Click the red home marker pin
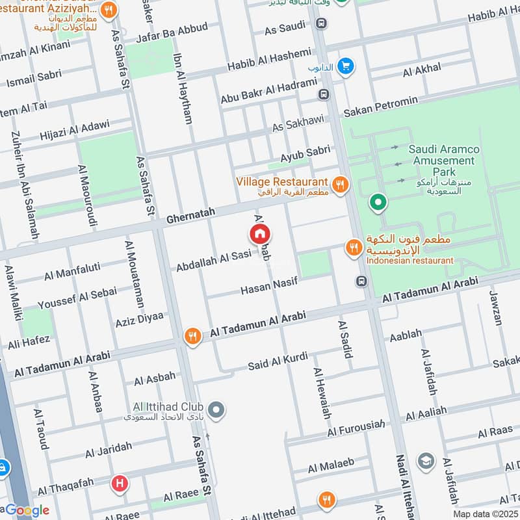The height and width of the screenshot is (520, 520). coord(259,234)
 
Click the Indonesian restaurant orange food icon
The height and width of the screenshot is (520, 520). coord(353,248)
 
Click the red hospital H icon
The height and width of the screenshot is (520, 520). coord(119,483)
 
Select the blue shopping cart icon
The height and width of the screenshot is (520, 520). coord(345,66)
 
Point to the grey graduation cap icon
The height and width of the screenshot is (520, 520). coord(426,461)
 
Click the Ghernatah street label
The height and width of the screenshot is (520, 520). coord(190,219)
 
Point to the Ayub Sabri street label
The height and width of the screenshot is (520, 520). coord(305,154)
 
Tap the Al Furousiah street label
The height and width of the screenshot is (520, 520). coord(353,428)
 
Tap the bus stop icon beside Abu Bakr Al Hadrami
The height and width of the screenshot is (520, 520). coord(324,94)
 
